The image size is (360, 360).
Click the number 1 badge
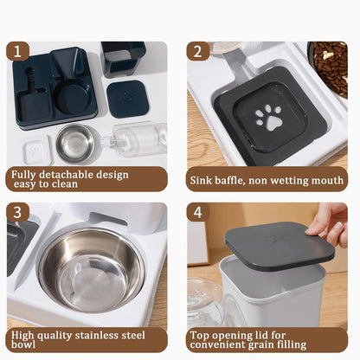18,51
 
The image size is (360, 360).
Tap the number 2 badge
197,51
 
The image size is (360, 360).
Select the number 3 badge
18,212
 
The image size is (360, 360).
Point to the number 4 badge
197,212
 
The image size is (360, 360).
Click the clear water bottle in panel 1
137,138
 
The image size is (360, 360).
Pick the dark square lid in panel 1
127,98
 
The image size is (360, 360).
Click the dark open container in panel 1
123,59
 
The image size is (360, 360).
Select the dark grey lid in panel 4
279,241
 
